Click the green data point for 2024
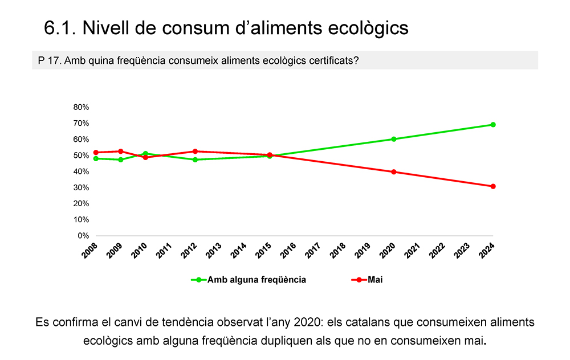[x=493, y=125]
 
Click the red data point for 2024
[x=493, y=186]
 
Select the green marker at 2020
[x=394, y=139]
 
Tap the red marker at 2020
[x=394, y=172]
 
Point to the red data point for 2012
[x=195, y=152]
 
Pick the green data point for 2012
[x=195, y=159]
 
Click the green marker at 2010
[x=145, y=154]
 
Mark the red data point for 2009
[x=121, y=152]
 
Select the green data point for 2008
[x=96, y=158]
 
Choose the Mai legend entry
[x=375, y=280]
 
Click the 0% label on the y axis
[x=83, y=236]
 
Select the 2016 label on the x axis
[x=289, y=249]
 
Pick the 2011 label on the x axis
[x=165, y=249]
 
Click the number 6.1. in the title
[x=60, y=28]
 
